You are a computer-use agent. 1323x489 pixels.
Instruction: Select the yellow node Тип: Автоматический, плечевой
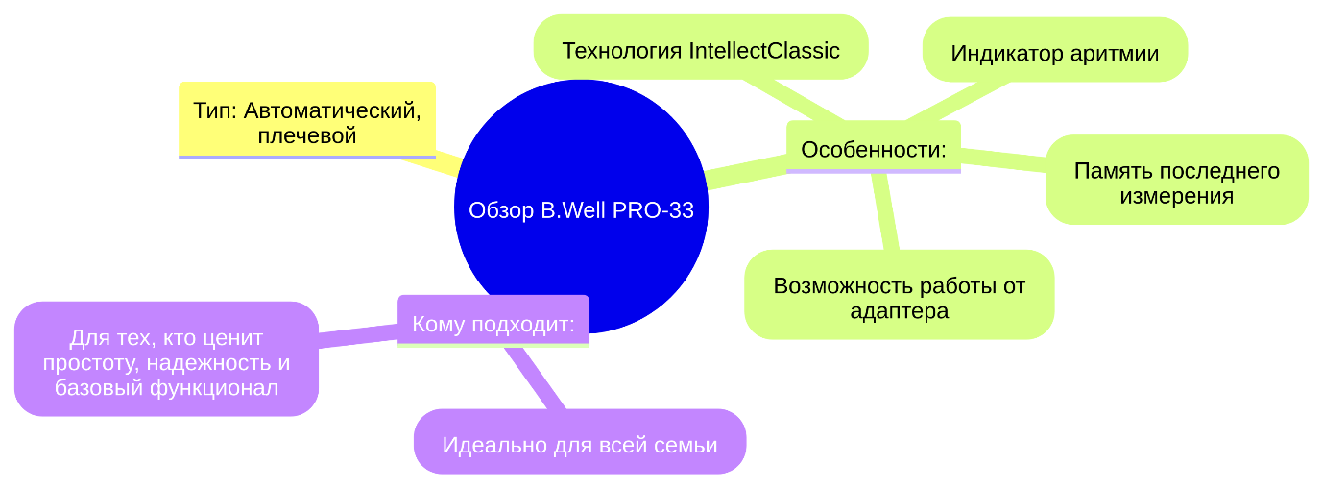[x=307, y=121]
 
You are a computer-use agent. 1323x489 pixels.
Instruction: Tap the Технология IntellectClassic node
[x=701, y=50]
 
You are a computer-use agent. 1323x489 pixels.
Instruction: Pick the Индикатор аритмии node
[x=1054, y=53]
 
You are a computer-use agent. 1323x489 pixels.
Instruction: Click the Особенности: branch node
[x=873, y=149]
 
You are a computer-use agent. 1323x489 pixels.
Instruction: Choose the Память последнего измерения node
[x=1176, y=183]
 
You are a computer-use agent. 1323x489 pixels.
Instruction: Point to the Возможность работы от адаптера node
[x=899, y=298]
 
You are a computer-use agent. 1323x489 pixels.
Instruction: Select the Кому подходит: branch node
[x=493, y=324]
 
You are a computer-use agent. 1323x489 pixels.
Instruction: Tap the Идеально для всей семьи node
[x=580, y=445]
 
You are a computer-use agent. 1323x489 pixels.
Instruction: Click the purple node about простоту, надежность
[x=166, y=362]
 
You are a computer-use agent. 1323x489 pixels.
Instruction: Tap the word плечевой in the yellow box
[x=307, y=135]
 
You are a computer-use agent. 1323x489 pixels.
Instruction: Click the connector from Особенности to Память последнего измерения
[x=1003, y=159]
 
